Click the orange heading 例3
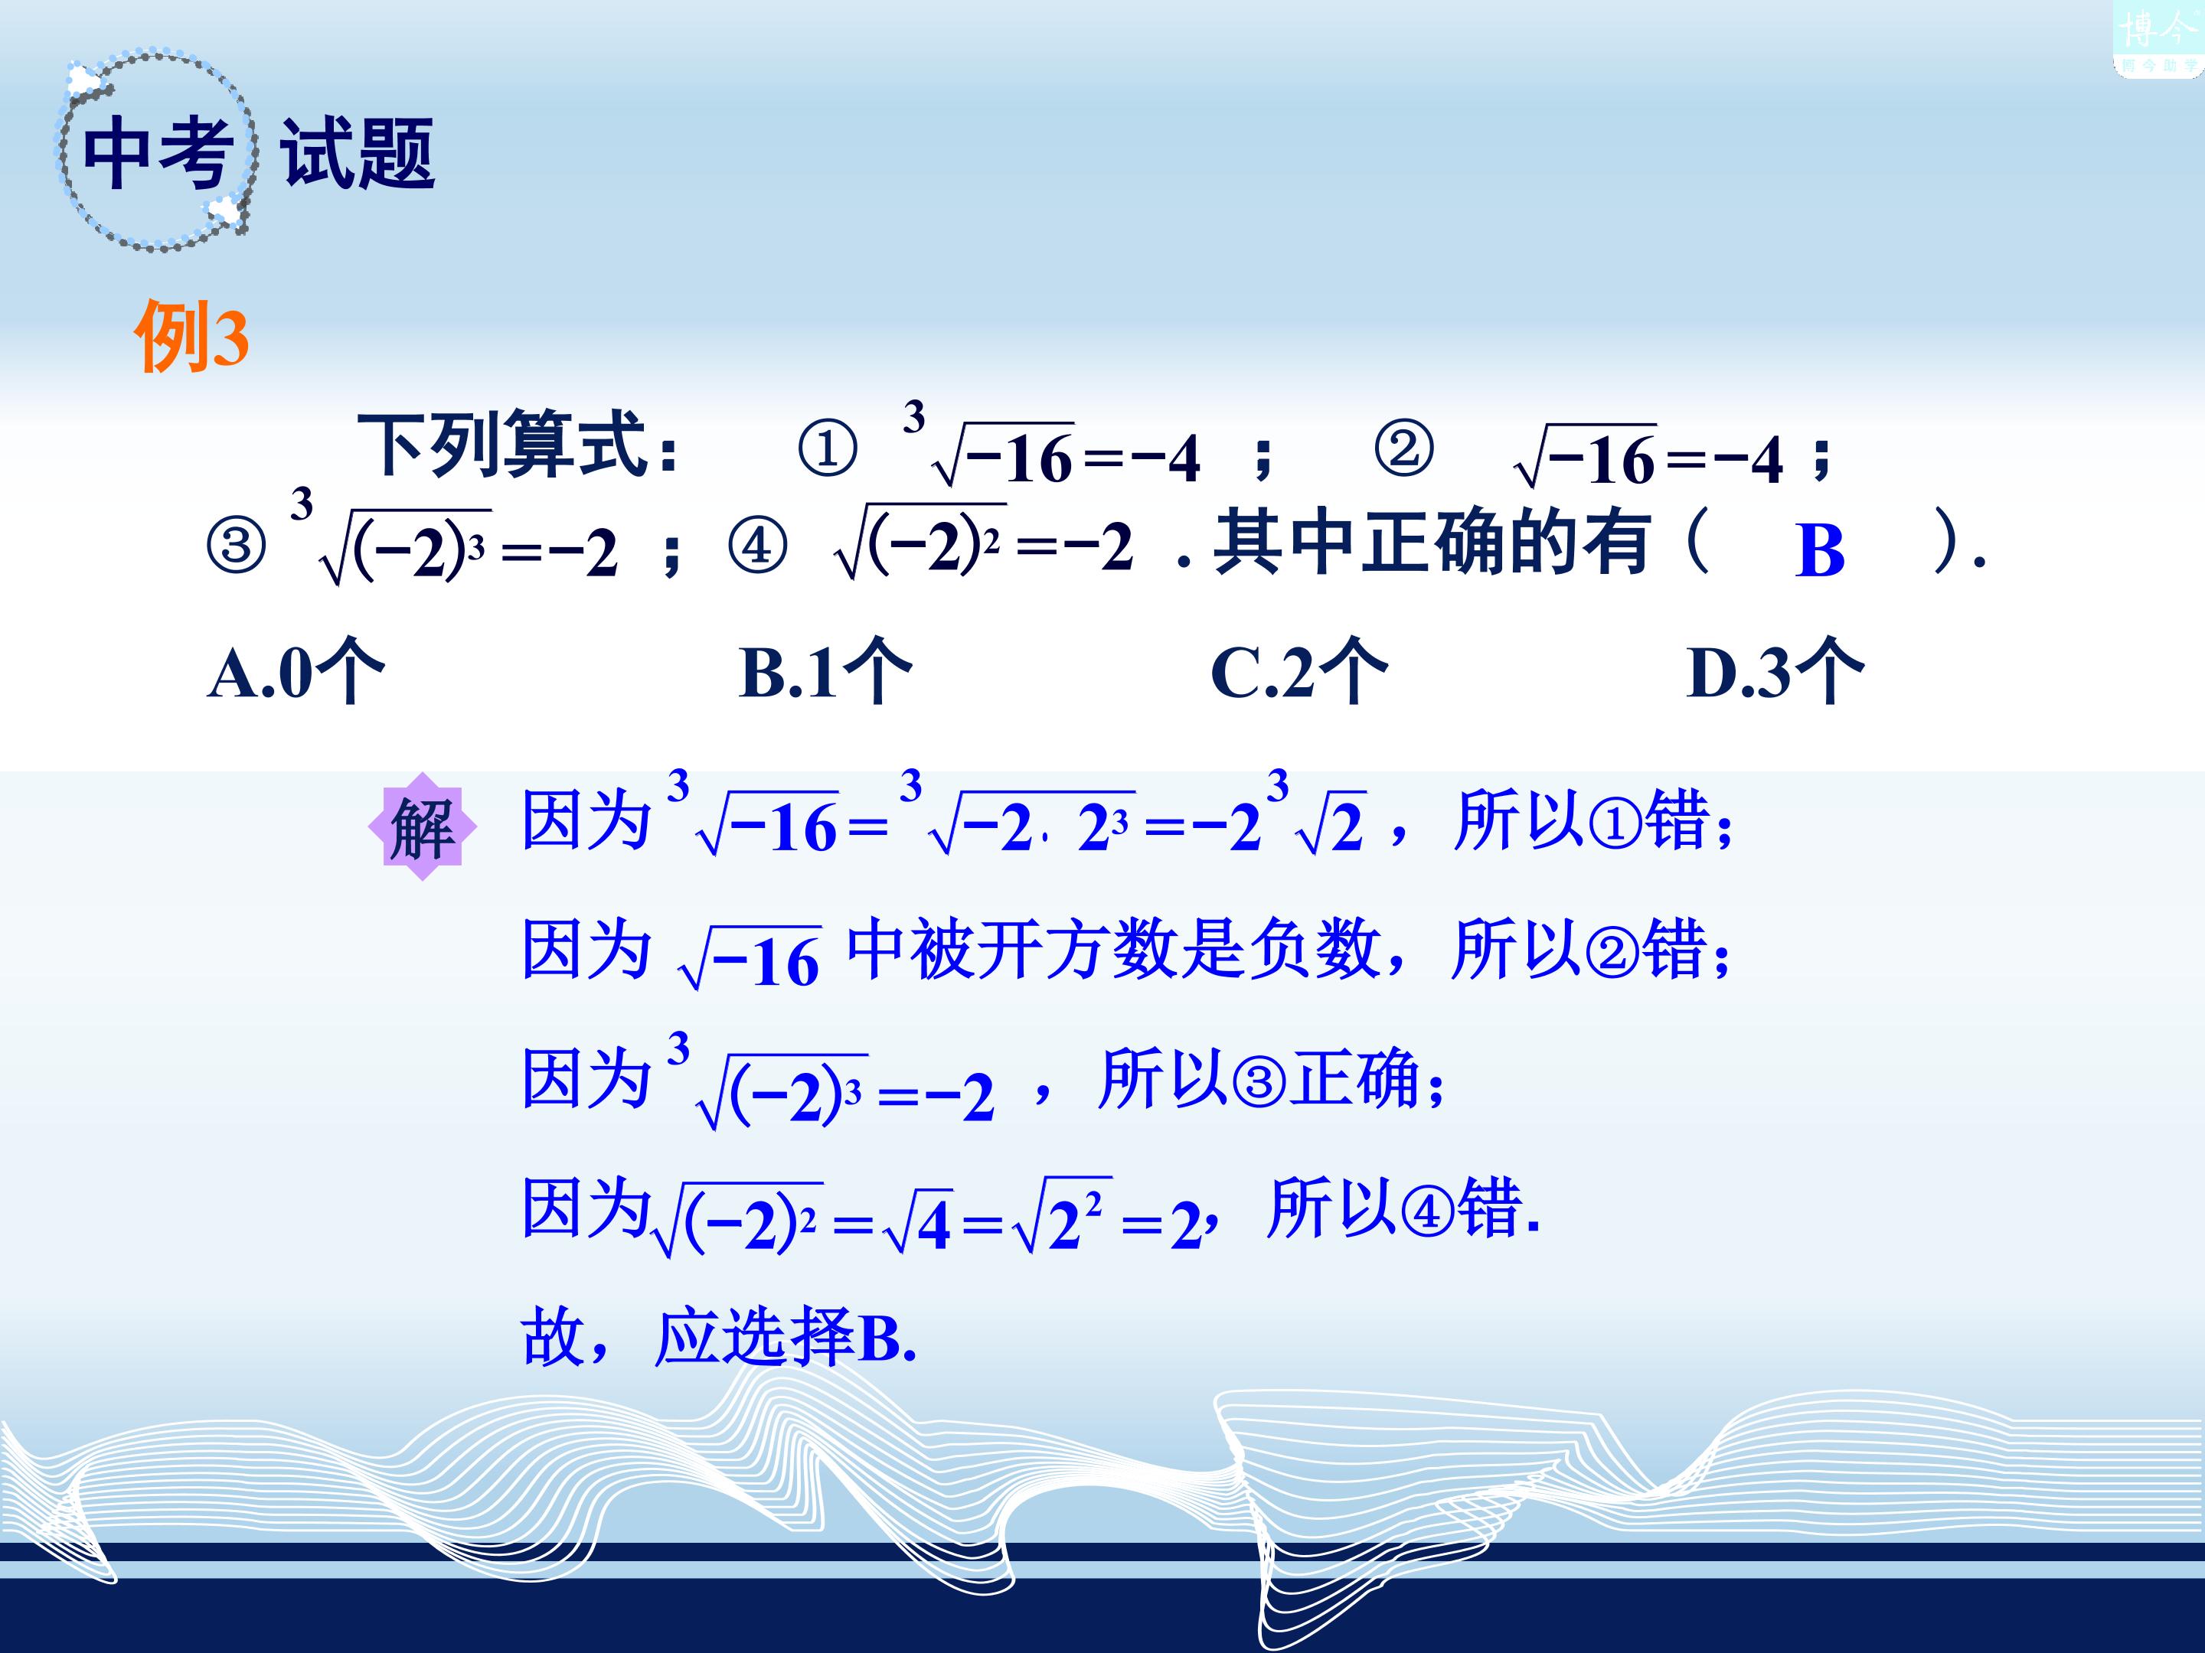click(x=191, y=337)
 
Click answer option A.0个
click(x=295, y=670)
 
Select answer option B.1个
click(x=825, y=670)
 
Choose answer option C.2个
click(x=1298, y=670)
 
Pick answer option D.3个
click(x=1775, y=670)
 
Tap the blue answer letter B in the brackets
click(x=1819, y=550)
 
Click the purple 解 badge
click(x=423, y=827)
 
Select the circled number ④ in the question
click(x=758, y=546)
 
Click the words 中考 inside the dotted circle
click(x=158, y=152)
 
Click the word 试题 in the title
click(x=357, y=152)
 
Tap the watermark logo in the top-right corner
click(x=2158, y=37)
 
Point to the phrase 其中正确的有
click(x=1430, y=543)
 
